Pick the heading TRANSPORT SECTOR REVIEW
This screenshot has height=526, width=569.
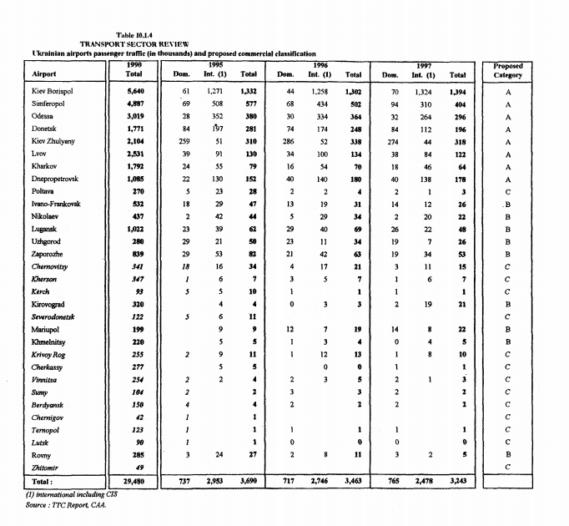click(133, 43)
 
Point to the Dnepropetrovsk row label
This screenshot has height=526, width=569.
click(58, 180)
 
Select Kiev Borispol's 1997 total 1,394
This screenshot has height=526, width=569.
click(456, 90)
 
